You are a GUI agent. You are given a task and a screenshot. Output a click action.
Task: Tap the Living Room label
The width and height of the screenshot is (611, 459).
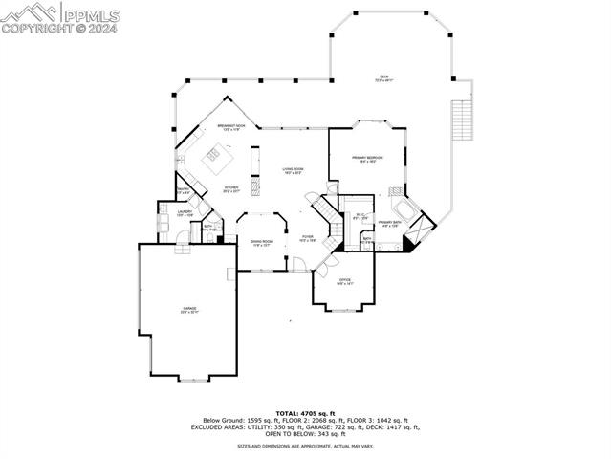click(292, 171)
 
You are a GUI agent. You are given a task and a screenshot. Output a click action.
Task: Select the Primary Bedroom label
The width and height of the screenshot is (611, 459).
click(367, 160)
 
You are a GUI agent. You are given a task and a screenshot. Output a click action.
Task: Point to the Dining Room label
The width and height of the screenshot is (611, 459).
click(261, 243)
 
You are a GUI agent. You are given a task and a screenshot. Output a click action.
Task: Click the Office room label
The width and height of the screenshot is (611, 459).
click(344, 281)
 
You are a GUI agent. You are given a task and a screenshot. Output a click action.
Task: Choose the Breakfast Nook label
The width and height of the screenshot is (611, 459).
click(230, 127)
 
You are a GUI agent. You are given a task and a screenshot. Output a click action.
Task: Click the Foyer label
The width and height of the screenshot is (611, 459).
click(307, 238)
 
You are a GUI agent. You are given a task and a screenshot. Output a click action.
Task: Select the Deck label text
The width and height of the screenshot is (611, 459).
click(383, 78)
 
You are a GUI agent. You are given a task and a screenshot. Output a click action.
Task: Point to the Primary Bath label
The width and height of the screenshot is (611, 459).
click(388, 225)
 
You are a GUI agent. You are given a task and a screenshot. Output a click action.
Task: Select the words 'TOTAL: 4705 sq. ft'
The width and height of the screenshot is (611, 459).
click(305, 412)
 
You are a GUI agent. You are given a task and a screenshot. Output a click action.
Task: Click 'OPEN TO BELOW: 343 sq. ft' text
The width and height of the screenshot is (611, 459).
click(305, 434)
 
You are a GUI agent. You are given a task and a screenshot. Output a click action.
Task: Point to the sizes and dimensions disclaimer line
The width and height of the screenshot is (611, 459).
click(305, 446)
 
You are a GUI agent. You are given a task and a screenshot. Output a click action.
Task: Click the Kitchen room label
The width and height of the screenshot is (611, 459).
click(231, 188)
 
